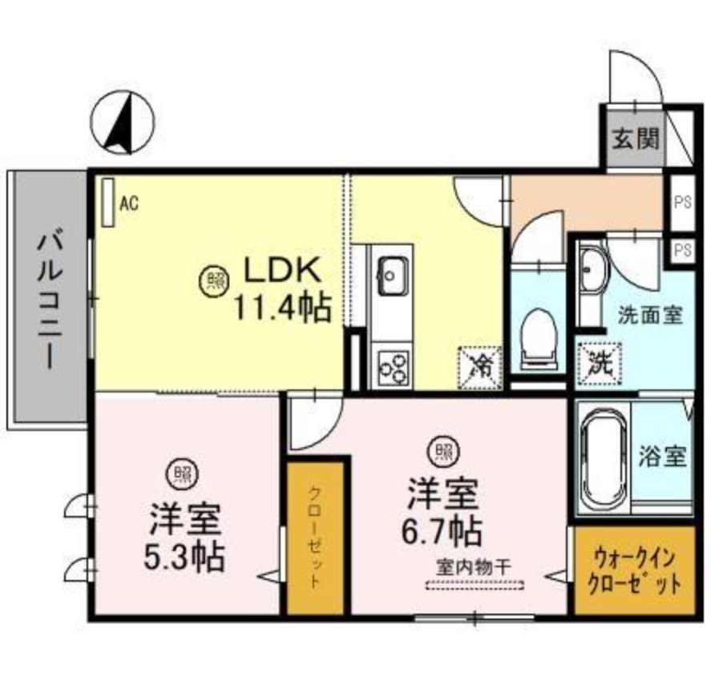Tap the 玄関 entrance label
point(636,139)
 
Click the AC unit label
point(128,203)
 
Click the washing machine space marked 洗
point(598,363)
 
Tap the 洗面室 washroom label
point(650,314)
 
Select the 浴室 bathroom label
point(661,457)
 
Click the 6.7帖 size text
point(442,530)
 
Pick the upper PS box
point(682,200)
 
